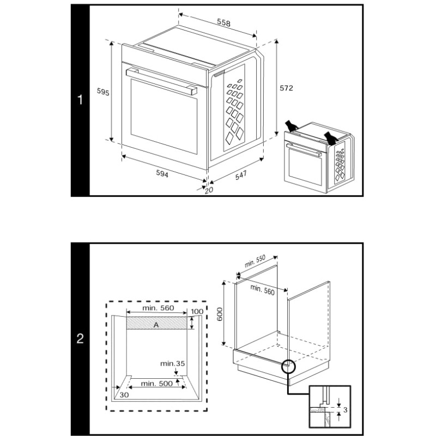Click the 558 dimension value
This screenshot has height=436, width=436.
tap(223, 23)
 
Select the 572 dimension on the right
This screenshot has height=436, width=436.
tap(287, 87)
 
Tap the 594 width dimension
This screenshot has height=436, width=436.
tap(162, 174)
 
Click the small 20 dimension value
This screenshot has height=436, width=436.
tap(208, 190)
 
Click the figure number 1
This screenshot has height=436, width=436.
tap(80, 100)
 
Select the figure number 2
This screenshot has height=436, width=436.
tap(80, 339)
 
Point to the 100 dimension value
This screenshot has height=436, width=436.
tap(197, 311)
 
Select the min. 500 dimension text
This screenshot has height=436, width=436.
tap(157, 383)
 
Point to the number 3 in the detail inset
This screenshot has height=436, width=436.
tap(346, 409)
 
